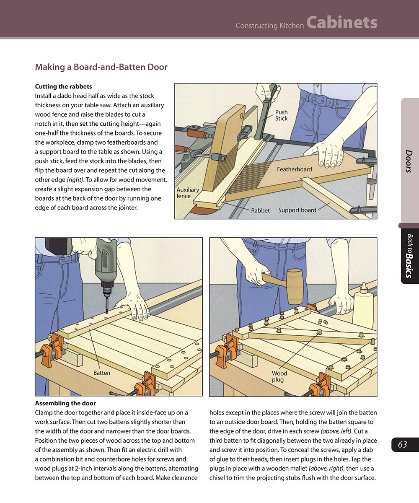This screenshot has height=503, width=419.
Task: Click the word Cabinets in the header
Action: click(341, 23)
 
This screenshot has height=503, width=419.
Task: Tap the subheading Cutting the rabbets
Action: click(63, 87)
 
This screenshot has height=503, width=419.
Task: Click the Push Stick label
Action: click(281, 115)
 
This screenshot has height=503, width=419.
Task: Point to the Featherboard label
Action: click(294, 169)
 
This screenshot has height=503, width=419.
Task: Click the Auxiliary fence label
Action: click(188, 193)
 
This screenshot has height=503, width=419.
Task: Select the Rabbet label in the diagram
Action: click(260, 210)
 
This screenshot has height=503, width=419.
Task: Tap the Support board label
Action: click(297, 210)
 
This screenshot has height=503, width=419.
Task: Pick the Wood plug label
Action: click(279, 376)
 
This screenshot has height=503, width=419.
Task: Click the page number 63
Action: click(403, 445)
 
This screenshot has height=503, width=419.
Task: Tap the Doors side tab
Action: click(409, 161)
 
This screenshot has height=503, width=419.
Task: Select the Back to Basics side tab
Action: click(409, 256)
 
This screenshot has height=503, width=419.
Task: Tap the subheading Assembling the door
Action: click(65, 404)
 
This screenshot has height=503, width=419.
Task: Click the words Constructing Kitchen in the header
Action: click(269, 26)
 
